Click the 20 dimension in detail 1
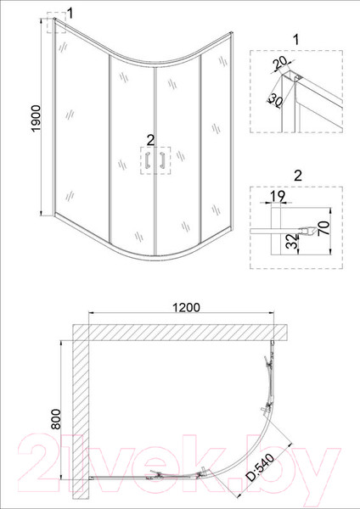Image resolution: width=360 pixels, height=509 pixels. tap(281, 64)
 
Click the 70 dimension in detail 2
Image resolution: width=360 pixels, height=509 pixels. tap(321, 230)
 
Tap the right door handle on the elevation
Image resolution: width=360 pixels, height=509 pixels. tap(159, 160)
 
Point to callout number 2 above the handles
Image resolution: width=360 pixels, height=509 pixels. tap(150, 139)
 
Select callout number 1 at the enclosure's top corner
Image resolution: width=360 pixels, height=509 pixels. tap(70, 12)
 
